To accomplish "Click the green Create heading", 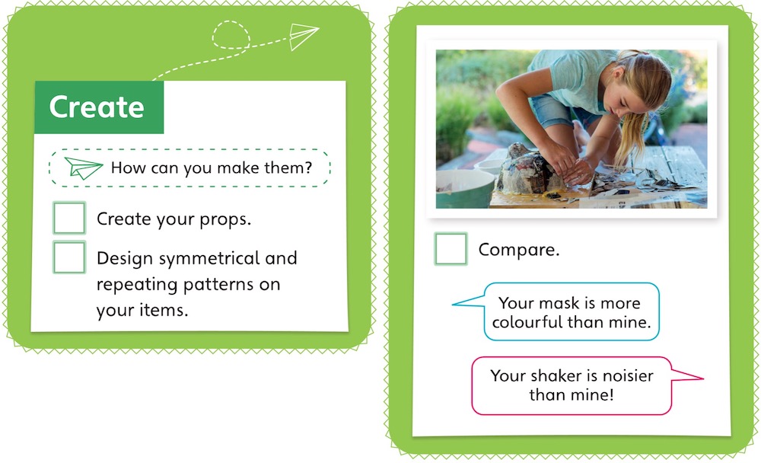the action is tap(97, 107).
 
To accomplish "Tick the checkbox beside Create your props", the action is tap(69, 218).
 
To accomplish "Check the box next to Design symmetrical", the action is tap(69, 257).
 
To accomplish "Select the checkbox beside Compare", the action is tap(451, 249).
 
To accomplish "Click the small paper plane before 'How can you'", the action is tap(83, 168).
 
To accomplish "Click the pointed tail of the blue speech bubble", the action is tap(453, 305).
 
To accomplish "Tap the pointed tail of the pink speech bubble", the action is tap(702, 378).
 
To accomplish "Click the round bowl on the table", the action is tap(464, 187).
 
